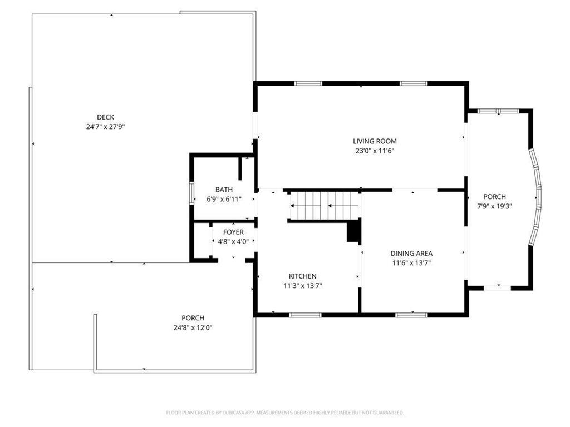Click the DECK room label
tap(105, 117)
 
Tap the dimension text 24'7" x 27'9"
tap(105, 127)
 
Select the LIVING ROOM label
tap(375, 141)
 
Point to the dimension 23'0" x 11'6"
tap(375, 151)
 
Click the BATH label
tap(224, 190)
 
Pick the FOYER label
tap(233, 232)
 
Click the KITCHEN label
tap(302, 276)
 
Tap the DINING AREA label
tap(411, 254)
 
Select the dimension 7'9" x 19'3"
tap(494, 206)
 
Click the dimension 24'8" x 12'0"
tap(193, 327)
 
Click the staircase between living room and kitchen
tap(325, 206)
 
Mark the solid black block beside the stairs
tap(353, 231)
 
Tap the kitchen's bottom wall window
tap(306, 315)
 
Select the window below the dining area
tap(411, 315)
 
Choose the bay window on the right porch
tap(536, 196)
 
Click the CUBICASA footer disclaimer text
tap(285, 413)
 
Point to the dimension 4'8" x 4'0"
tap(233, 241)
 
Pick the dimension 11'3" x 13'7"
tap(303, 286)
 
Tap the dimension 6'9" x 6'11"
tap(224, 199)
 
